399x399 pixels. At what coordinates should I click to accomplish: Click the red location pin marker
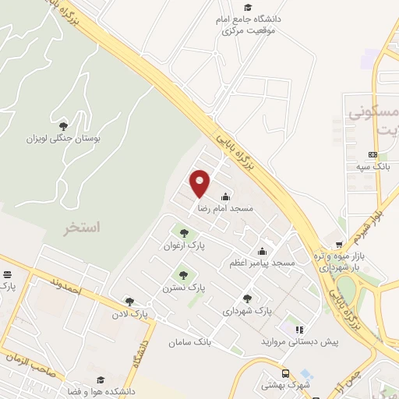click(200, 183)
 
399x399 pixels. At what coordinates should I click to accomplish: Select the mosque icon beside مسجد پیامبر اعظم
click(262, 251)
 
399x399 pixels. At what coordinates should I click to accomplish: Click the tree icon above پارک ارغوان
click(184, 232)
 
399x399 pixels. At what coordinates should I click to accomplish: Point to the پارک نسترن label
click(185, 287)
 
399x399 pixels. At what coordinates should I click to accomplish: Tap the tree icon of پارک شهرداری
click(247, 298)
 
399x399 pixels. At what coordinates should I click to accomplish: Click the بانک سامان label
click(189, 342)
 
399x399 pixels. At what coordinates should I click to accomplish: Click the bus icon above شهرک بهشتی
click(286, 373)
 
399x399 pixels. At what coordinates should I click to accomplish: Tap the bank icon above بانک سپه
click(373, 154)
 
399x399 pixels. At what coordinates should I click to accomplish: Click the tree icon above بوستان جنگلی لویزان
click(63, 125)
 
